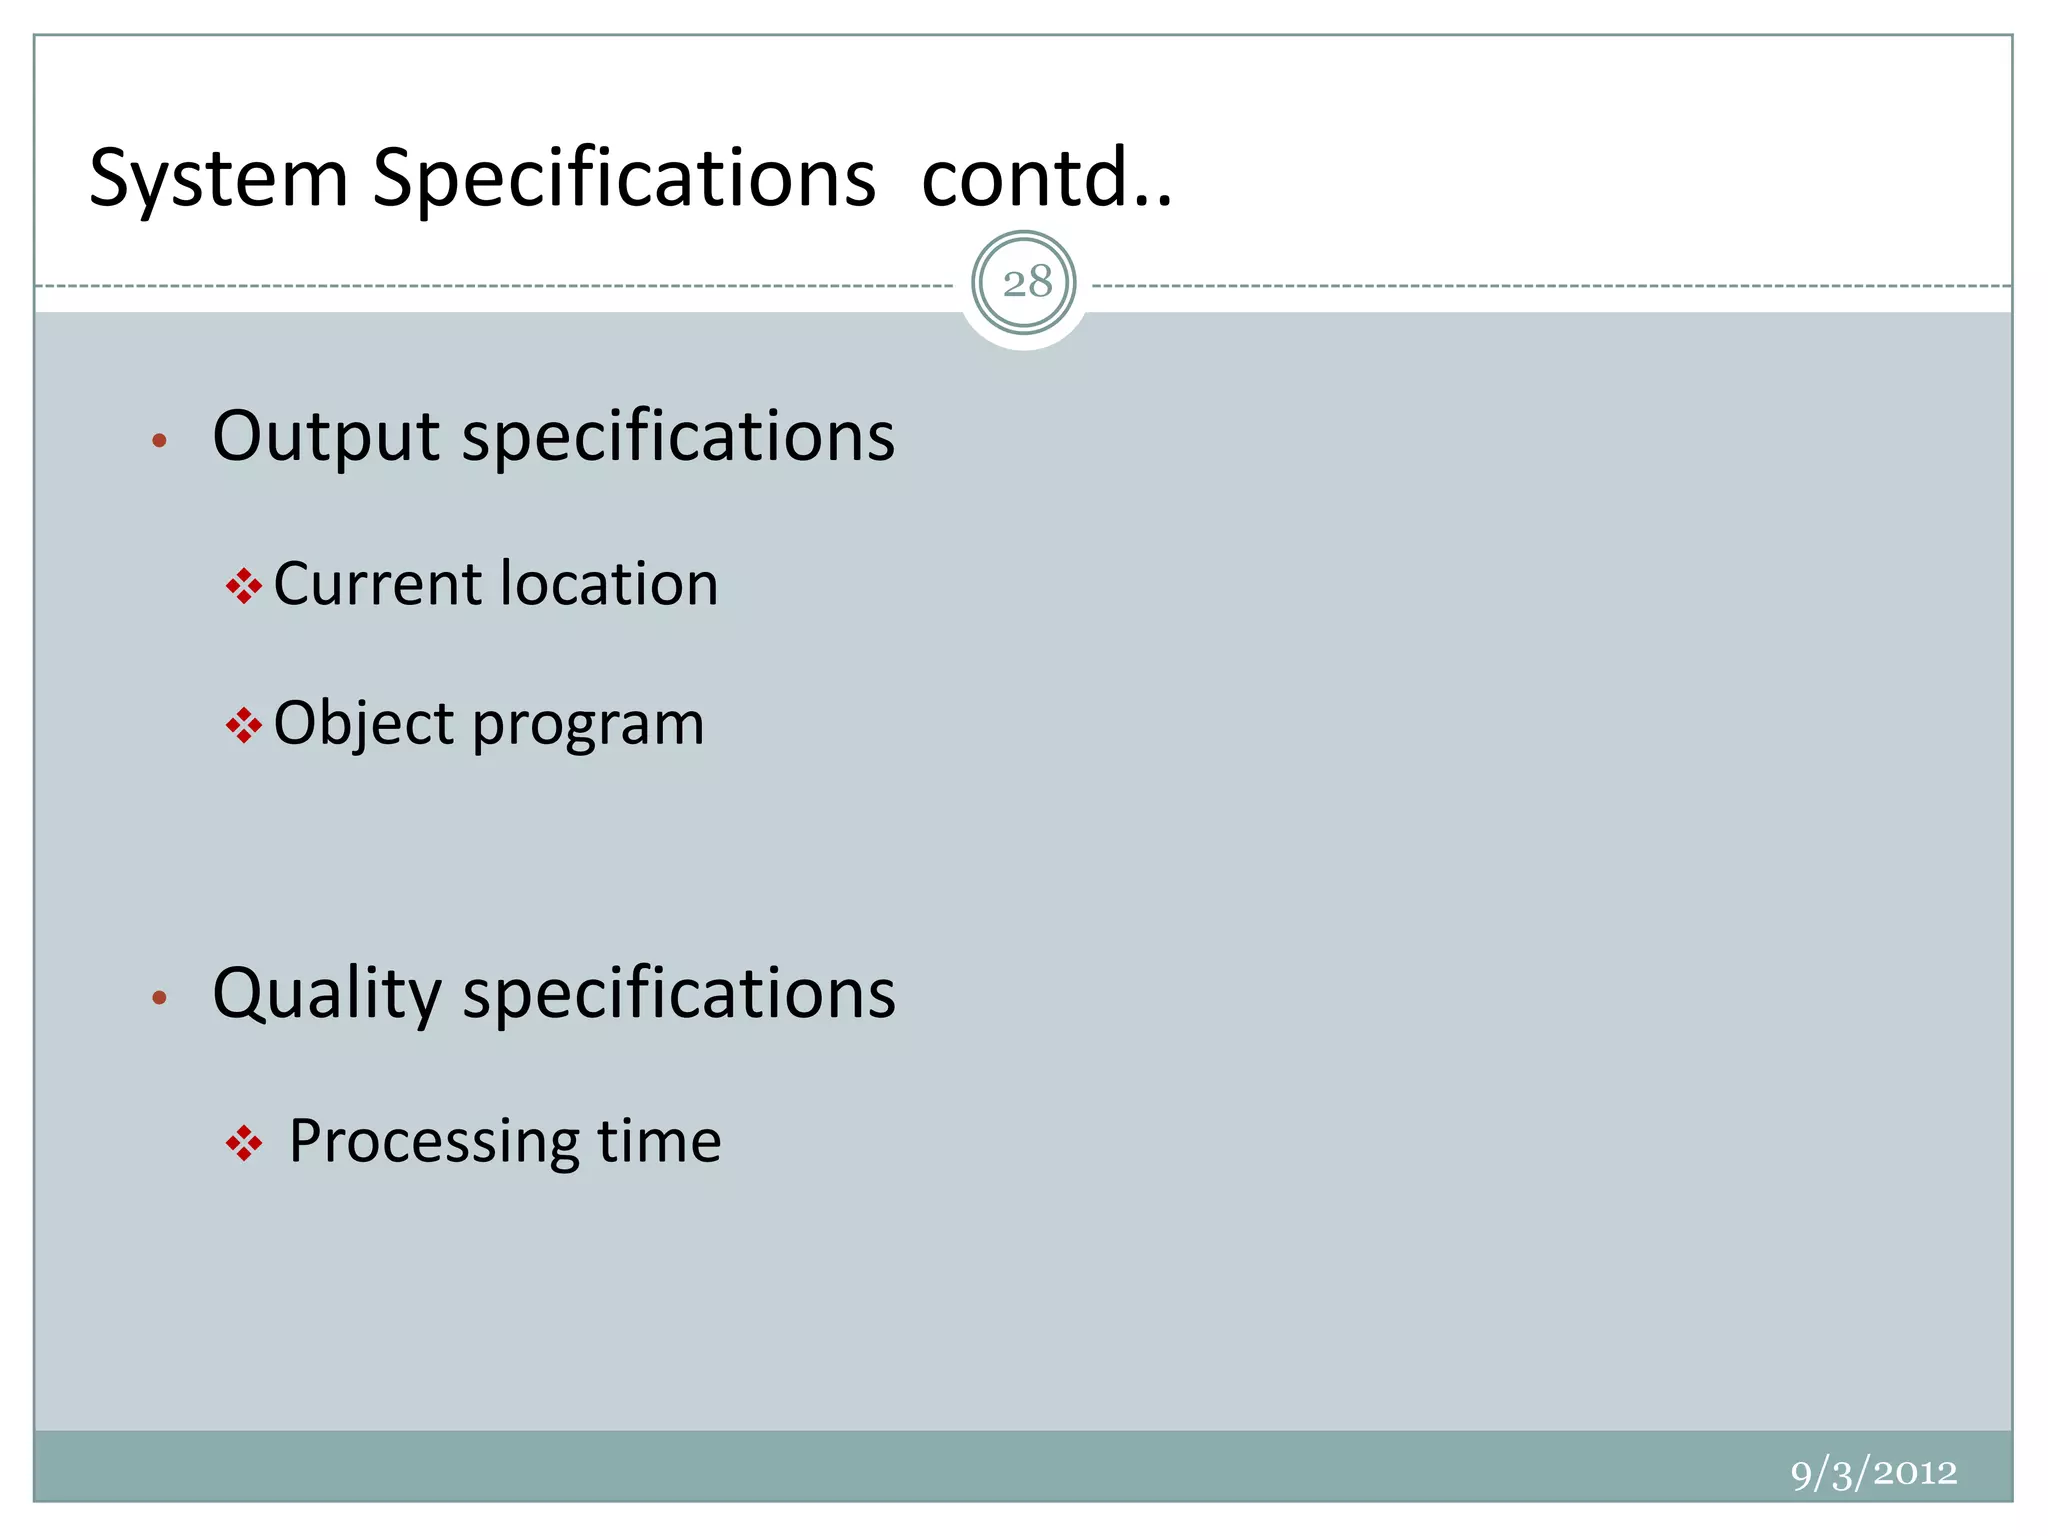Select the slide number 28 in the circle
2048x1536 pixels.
1025,283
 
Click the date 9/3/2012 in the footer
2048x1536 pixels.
1873,1472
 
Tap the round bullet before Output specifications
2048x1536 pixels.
159,440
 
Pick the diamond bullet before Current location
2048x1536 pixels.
243,586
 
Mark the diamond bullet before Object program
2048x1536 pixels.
243,725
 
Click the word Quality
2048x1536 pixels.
327,994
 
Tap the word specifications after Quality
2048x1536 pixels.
679,994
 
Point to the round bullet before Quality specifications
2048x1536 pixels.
159,997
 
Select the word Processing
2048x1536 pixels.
433,1141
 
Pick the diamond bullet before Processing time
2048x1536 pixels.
243,1143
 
